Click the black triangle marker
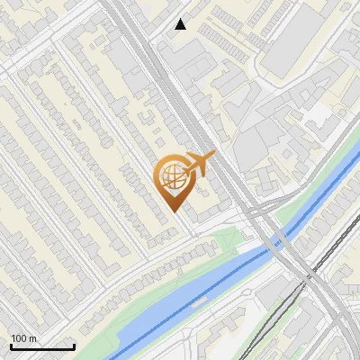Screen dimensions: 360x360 pos(181,23)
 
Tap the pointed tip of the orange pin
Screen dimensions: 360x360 pos(174,211)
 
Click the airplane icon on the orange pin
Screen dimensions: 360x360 pos(198,164)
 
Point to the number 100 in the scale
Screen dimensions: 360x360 pos(20,338)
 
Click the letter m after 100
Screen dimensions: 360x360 pos(32,338)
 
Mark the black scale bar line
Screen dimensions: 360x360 pos(41,346)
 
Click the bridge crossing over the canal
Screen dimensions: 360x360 pos(278,241)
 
